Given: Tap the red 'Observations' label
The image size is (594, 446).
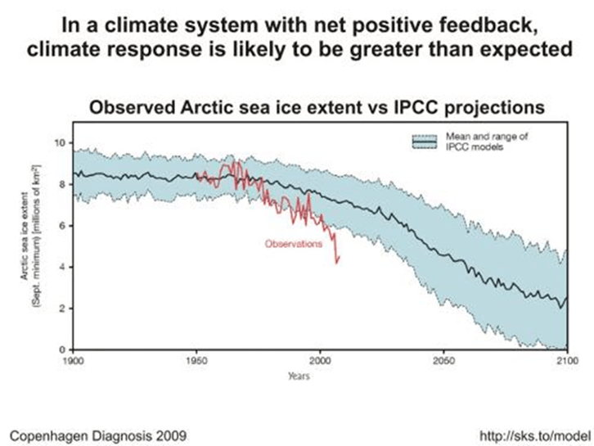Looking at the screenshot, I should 293,243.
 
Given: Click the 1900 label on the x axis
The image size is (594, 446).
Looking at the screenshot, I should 74,360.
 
